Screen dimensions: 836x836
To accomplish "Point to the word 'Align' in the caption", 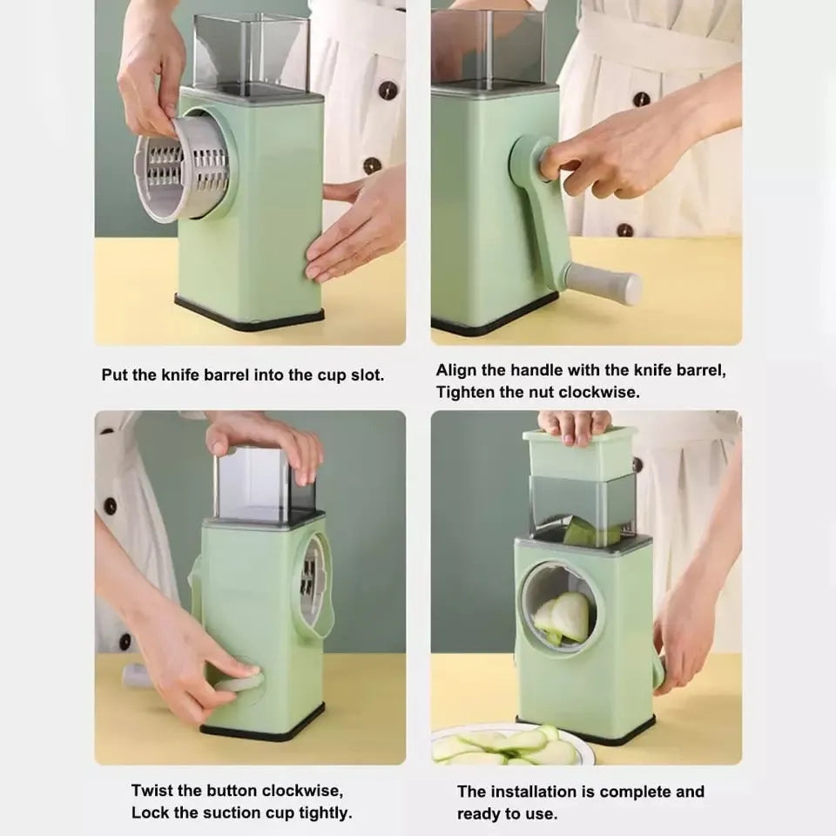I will (x=456, y=370).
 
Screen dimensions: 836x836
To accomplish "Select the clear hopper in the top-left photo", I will (x=249, y=52).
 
